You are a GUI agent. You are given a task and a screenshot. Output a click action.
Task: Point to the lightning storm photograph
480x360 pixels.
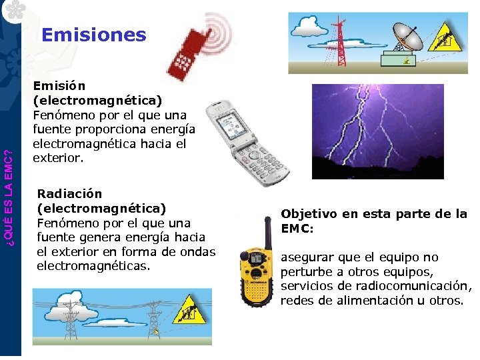pyautogui.click(x=378, y=131)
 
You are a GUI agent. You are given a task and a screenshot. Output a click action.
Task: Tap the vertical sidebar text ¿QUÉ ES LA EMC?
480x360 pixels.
pyautogui.click(x=9, y=187)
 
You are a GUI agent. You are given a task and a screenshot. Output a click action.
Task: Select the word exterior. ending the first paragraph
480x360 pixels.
pyautogui.click(x=59, y=159)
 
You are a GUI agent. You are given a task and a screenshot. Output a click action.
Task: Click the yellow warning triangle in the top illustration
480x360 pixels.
pyautogui.click(x=441, y=39)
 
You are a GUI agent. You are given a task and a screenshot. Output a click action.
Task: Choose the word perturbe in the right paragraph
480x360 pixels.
pyautogui.click(x=303, y=272)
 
